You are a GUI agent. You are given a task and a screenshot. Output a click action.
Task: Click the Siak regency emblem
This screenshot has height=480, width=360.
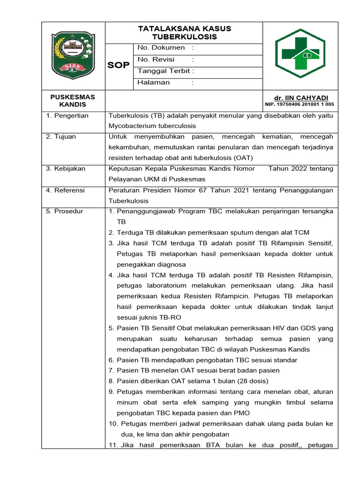(73, 55)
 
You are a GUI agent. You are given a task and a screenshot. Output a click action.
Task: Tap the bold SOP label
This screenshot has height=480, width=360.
(119, 65)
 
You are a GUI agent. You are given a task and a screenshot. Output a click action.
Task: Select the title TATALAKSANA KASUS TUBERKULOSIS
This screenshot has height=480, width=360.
(184, 33)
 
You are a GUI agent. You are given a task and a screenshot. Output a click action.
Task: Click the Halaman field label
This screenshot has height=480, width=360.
(153, 82)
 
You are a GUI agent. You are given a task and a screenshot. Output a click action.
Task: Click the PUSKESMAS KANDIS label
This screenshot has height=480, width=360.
(73, 101)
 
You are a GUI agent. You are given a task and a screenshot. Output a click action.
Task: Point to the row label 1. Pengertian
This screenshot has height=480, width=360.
(67, 116)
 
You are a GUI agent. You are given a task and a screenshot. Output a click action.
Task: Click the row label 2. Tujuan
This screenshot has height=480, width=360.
(61, 137)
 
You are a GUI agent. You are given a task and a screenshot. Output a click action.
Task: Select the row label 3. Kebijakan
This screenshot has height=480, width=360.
(66, 169)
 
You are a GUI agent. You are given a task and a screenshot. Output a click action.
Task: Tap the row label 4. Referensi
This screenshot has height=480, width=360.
(66, 190)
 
